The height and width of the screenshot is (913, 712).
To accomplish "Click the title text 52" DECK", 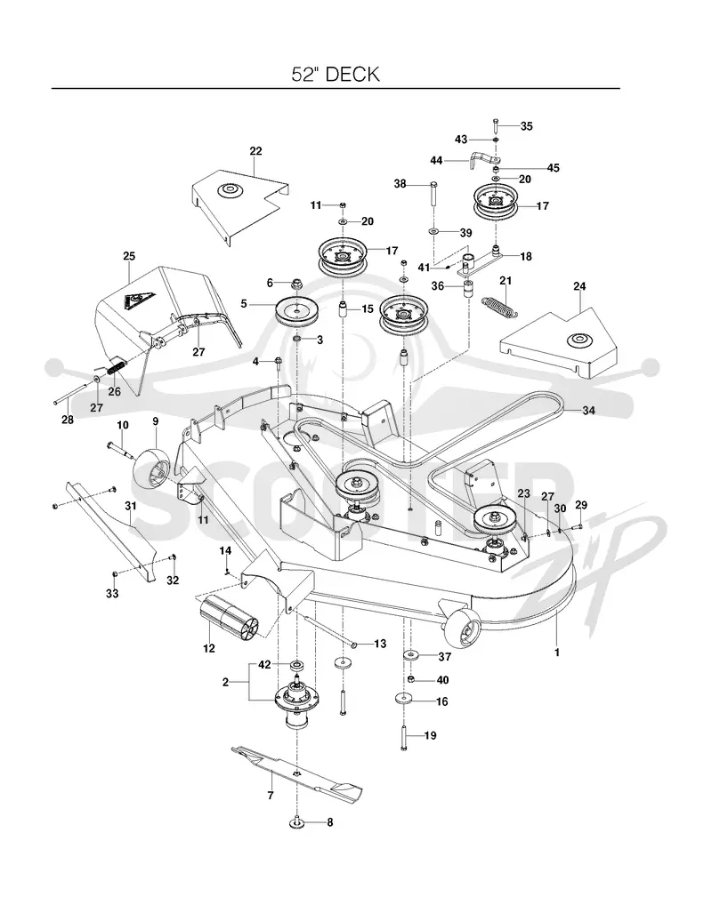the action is click(336, 74).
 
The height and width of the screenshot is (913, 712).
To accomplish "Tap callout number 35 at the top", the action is click(527, 126).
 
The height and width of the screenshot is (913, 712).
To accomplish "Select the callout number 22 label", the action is click(255, 151).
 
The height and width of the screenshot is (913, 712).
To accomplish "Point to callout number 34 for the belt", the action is click(589, 411).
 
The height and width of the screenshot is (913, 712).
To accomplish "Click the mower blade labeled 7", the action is click(296, 772).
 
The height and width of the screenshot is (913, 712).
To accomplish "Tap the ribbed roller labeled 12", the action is click(228, 620).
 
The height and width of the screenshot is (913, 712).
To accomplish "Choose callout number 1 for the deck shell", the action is click(557, 653).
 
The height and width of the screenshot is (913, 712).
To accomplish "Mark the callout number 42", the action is click(264, 664).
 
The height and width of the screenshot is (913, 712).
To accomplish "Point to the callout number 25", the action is click(129, 256).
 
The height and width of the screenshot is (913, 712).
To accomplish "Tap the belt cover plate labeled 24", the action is click(558, 342).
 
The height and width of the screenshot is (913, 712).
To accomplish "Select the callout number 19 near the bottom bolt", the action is click(430, 736).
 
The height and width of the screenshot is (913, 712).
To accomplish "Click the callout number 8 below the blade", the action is click(329, 822).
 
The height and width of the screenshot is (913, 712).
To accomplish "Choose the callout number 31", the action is click(131, 506).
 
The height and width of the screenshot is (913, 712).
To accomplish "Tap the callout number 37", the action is click(444, 657).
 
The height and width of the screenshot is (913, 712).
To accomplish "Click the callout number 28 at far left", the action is click(68, 420).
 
